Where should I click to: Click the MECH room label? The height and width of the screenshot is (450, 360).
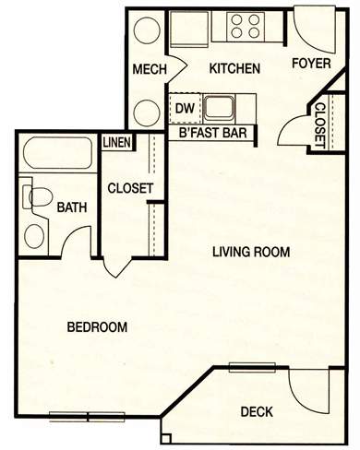pos(150,69)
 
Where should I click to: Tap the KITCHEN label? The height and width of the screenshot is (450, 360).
pos(234,68)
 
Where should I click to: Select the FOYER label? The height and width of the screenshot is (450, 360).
pos(311,63)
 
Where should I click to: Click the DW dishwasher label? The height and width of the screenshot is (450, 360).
pos(185,108)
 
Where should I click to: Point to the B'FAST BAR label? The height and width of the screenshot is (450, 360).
pos(213,133)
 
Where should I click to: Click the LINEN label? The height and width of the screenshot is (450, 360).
pos(116,142)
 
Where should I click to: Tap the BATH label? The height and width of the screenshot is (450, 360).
pos(72,207)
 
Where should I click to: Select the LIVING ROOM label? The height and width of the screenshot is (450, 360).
pos(251,252)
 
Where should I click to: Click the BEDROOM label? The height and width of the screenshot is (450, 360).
pos(97,326)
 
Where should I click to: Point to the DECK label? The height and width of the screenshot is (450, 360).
pos(257,411)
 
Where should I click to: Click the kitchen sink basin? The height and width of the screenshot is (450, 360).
pos(219,107)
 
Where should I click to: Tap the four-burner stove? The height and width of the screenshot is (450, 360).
pos(246,26)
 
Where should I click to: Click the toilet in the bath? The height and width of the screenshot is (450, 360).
pos(37,197)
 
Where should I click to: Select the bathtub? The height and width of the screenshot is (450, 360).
pos(58,153)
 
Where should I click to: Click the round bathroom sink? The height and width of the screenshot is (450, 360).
pos(34,237)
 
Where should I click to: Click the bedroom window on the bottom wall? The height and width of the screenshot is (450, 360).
pos(88,417)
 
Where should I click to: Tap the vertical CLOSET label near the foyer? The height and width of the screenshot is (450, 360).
pos(320,125)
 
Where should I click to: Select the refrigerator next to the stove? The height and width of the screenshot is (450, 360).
pos(189,30)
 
